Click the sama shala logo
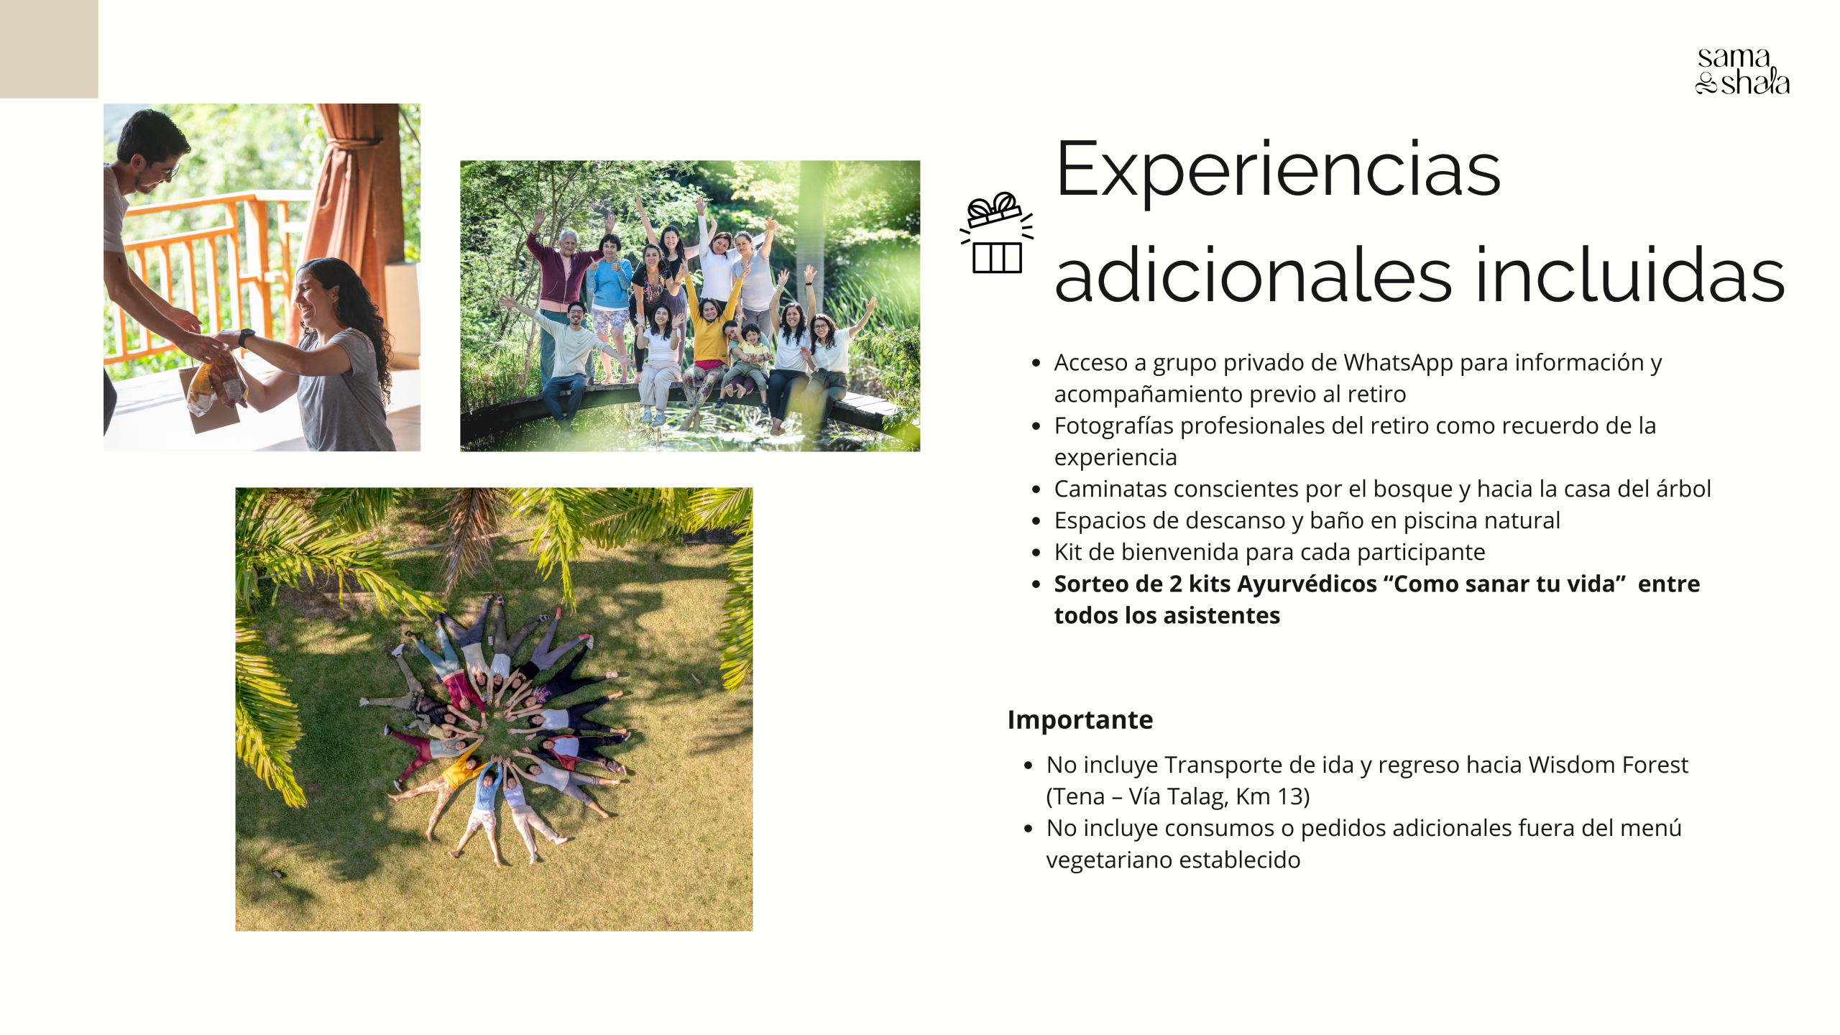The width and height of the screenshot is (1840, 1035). (x=1742, y=71)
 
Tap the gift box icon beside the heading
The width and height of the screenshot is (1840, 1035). (x=997, y=233)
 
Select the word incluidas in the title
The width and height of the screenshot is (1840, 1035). (x=1630, y=275)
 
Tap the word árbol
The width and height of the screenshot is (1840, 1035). (x=1683, y=489)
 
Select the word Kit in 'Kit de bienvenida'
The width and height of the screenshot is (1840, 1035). (x=1067, y=552)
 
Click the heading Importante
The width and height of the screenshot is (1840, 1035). (x=1080, y=719)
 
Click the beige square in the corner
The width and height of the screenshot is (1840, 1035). (x=49, y=49)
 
